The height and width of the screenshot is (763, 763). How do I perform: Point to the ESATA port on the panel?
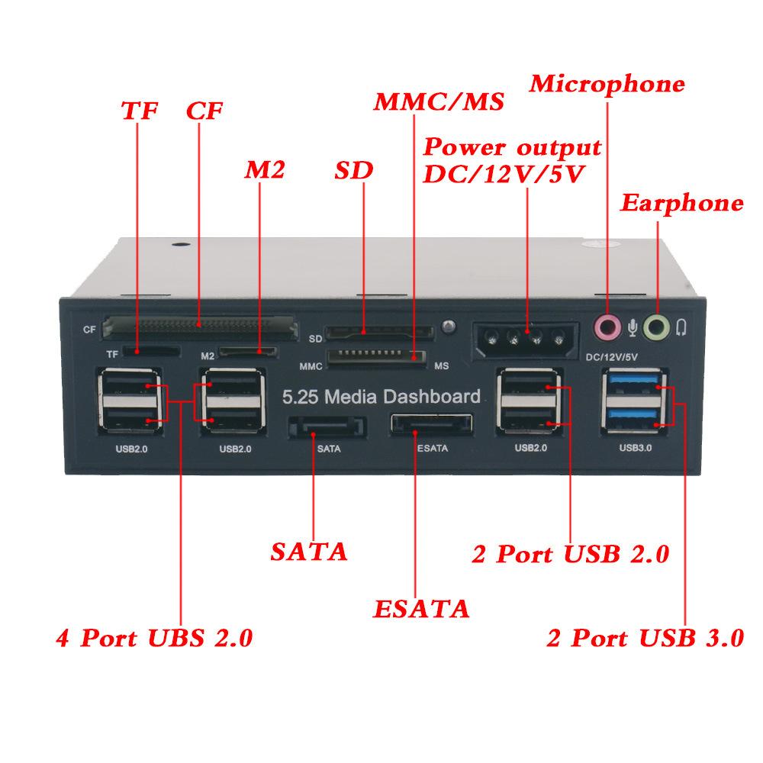(430, 425)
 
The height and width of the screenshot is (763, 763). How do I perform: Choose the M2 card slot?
(248, 352)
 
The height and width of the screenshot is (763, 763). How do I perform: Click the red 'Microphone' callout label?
(607, 83)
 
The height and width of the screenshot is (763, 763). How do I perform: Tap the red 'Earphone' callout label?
(681, 203)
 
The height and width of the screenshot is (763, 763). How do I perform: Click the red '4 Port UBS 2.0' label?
(153, 637)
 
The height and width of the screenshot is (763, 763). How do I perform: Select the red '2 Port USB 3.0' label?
(645, 637)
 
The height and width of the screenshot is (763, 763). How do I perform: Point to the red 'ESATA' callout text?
(420, 609)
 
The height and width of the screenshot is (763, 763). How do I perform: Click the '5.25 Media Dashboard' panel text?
(381, 396)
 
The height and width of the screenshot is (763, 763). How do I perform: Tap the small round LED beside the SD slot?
(449, 327)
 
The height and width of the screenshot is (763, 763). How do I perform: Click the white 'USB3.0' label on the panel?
(635, 449)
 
